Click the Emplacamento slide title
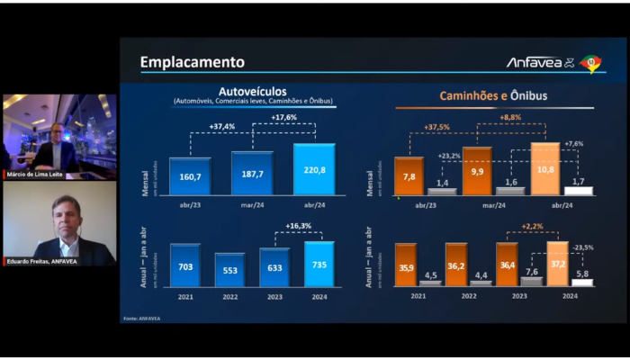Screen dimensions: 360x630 tap(192, 62)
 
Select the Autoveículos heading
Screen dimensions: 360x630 tap(253, 94)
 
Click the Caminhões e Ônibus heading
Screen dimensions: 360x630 tap(493, 94)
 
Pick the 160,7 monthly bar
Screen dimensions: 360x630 tap(190, 177)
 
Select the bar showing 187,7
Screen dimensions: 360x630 tap(252, 174)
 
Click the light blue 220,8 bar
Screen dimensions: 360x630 tap(313, 169)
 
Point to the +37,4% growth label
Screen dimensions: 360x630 tap(222, 127)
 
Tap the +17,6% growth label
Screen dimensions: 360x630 tap(283, 117)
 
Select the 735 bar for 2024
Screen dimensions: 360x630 tap(319, 265)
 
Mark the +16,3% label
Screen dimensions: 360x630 tap(297, 227)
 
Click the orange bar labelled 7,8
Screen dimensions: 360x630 tap(409, 176)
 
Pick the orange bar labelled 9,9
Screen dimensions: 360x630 tap(477, 171)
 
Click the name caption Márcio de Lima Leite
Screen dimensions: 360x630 tap(34, 174)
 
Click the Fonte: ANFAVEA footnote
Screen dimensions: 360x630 tap(140, 318)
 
